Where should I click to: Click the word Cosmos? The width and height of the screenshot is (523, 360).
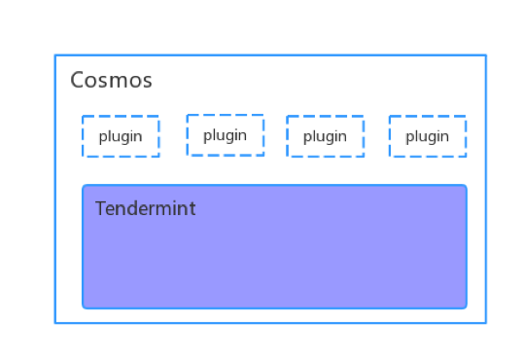(x=111, y=81)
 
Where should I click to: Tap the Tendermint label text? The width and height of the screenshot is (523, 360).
(x=145, y=209)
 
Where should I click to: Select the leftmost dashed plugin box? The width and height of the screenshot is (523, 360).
(x=121, y=136)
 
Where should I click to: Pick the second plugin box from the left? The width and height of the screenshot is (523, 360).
(x=225, y=135)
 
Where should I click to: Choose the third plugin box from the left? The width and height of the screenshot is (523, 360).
(x=325, y=136)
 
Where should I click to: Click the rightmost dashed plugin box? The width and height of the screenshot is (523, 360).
(x=427, y=136)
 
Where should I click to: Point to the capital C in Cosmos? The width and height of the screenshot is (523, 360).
(x=77, y=81)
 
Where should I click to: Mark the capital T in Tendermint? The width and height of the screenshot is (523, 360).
(x=100, y=209)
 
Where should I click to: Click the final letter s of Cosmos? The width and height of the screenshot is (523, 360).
(x=147, y=82)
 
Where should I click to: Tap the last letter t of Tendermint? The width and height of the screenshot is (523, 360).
(x=192, y=209)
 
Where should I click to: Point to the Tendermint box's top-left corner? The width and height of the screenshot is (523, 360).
(x=84, y=186)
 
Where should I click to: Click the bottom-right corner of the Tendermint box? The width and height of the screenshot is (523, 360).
(x=466, y=306)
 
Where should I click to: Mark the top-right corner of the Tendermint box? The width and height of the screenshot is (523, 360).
(x=466, y=186)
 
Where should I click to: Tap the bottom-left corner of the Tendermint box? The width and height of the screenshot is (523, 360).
(x=84, y=306)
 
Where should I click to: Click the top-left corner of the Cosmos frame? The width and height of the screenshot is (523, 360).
(x=55, y=55)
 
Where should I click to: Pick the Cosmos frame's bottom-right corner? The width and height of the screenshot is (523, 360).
(x=485, y=322)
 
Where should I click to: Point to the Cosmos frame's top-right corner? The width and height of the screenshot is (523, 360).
(x=485, y=55)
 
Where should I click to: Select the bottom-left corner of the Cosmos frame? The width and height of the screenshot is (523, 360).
(x=55, y=322)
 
